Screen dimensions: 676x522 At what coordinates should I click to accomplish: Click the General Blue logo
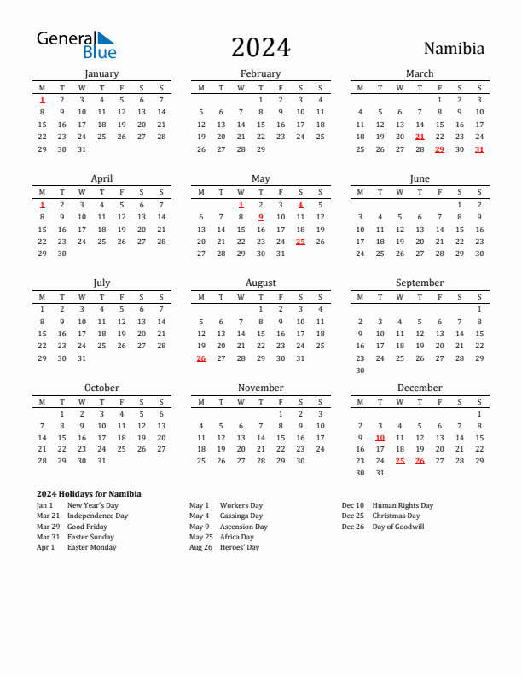(76, 44)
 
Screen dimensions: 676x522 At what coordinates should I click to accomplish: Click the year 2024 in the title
(260, 47)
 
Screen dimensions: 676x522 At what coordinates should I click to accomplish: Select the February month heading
(260, 73)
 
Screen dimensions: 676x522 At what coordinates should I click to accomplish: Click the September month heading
(420, 283)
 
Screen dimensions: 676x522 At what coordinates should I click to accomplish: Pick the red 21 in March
(420, 137)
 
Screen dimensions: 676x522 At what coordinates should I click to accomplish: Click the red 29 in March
(439, 149)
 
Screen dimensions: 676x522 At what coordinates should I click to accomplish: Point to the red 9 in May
(260, 217)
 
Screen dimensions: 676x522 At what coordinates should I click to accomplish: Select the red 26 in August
(201, 358)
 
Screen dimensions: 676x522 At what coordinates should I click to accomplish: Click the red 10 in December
(380, 438)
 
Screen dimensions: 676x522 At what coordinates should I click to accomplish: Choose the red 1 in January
(42, 100)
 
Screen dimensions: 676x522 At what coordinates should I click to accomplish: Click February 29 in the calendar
(260, 149)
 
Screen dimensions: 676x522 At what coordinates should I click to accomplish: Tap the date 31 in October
(101, 461)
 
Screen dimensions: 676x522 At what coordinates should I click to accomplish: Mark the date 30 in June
(479, 253)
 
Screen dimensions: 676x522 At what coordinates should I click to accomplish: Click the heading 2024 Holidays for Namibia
(89, 494)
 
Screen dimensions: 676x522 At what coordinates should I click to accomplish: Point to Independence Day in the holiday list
(97, 516)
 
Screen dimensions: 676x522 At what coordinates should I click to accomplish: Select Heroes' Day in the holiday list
(240, 548)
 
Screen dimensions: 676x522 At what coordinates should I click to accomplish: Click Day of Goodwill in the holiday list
(398, 527)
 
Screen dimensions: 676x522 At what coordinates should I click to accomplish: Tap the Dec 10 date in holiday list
(352, 505)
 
